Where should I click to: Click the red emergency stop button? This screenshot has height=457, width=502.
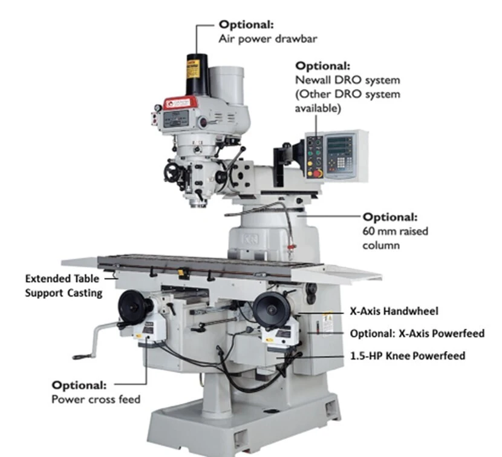(x=318, y=173)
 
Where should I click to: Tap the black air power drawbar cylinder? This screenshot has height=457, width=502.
(x=197, y=74)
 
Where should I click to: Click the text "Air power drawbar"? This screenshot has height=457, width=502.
(x=268, y=39)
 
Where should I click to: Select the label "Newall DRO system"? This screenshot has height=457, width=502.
(x=347, y=80)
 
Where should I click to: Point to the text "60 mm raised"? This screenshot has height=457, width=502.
(x=395, y=231)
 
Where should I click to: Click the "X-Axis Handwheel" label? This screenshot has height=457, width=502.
(x=394, y=311)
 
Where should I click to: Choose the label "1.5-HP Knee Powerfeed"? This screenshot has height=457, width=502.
(x=408, y=356)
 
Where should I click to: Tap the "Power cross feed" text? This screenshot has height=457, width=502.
(x=96, y=399)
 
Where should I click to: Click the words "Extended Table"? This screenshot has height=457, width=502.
(x=62, y=278)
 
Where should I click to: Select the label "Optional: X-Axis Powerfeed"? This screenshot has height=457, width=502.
(x=417, y=334)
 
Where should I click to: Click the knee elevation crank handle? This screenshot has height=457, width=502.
(x=93, y=340)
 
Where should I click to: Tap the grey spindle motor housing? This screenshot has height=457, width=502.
(x=227, y=85)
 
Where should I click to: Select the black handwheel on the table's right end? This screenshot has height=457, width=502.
(x=272, y=309)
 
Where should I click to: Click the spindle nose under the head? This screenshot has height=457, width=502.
(x=198, y=203)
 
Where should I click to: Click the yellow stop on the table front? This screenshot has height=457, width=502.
(x=181, y=273)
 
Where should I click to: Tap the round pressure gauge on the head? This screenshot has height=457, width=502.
(x=157, y=108)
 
